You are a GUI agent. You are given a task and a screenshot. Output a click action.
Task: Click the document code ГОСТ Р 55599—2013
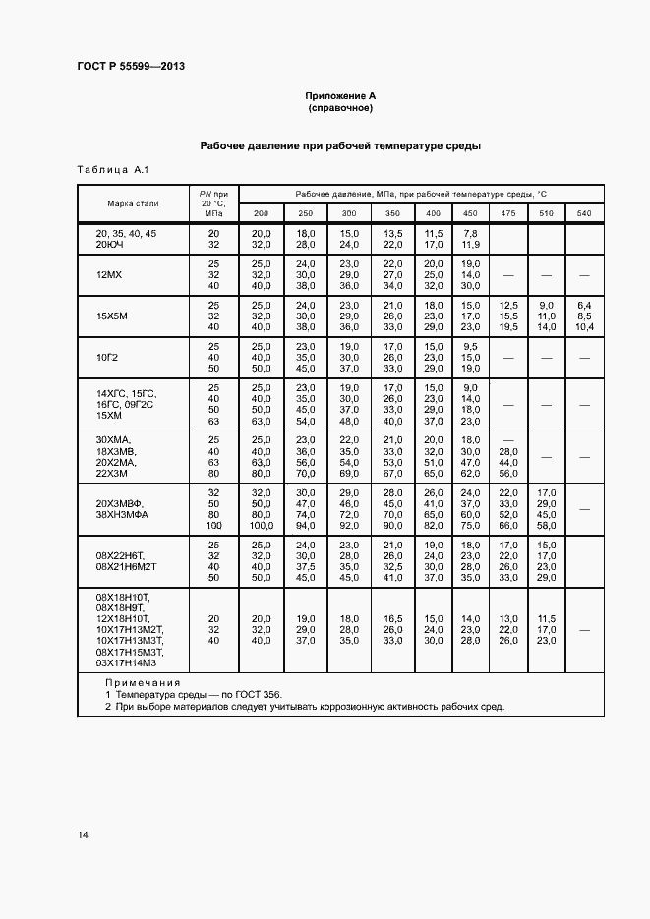131,67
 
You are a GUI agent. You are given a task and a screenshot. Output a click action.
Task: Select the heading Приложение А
340,96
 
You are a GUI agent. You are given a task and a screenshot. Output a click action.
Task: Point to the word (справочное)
340,108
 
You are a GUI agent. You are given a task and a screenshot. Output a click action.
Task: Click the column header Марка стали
133,203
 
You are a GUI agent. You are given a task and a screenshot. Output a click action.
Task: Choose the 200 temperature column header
261,213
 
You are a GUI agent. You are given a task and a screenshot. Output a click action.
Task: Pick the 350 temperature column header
392,213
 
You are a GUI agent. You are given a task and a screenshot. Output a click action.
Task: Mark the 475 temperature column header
507,213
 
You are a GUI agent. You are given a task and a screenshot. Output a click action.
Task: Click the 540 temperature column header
584,213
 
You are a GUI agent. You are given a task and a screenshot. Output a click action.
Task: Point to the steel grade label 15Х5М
111,316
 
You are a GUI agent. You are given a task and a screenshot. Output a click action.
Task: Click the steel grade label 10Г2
107,358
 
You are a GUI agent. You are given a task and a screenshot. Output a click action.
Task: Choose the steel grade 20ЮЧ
111,244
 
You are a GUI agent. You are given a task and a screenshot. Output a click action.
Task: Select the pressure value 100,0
261,527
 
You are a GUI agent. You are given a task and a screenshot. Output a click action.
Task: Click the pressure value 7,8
470,233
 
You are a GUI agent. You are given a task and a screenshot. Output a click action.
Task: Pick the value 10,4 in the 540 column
584,327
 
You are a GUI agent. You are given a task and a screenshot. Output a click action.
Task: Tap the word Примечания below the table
144,682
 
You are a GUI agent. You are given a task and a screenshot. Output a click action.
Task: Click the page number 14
83,835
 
